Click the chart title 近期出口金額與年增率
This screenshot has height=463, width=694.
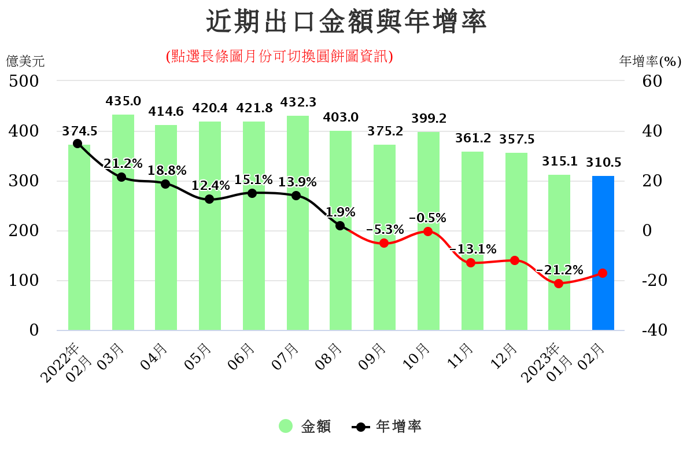[x=346, y=22]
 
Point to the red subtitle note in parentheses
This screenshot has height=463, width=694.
[x=279, y=56]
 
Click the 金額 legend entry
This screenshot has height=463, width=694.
[x=305, y=427]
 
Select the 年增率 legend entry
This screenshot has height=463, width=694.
[x=386, y=427]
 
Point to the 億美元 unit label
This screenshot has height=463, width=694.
[x=25, y=60]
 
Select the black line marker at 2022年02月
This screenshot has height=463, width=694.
[x=77, y=144]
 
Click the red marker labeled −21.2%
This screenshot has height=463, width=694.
[x=559, y=284]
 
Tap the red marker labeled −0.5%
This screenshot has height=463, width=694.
[x=428, y=231]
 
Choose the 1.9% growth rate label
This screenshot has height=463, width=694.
[x=341, y=212]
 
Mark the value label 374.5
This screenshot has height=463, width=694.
[x=80, y=131]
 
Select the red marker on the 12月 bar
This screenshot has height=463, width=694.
[x=515, y=260]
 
